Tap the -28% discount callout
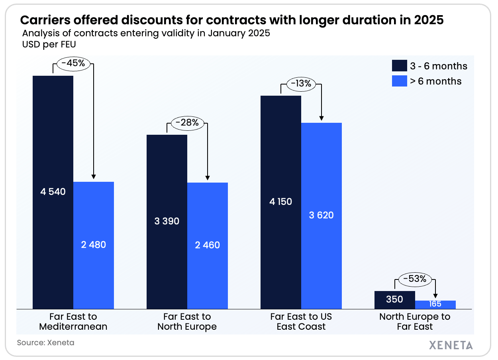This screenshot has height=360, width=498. [187, 122]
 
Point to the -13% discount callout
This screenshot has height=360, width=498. [301, 84]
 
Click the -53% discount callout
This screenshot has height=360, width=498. [415, 279]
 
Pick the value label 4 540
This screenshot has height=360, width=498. [53, 192]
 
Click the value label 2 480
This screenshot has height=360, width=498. [94, 244]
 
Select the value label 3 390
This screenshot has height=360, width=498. [167, 221]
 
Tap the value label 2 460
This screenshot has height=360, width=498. [207, 245]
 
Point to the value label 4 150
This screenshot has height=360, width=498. [280, 201]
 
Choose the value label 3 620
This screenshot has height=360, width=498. [321, 215]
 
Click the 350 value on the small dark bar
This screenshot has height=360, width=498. [394, 299]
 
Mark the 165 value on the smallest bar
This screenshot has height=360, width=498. [435, 304]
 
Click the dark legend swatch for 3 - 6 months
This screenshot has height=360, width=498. [398, 66]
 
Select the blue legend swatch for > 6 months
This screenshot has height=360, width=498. [398, 81]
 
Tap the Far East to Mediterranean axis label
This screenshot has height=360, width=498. [73, 322]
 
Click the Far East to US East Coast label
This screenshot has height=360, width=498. [301, 322]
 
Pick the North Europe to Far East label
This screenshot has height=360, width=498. [415, 322]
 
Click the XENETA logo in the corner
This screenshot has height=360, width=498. [451, 345]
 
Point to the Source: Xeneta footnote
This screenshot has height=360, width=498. [45, 342]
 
